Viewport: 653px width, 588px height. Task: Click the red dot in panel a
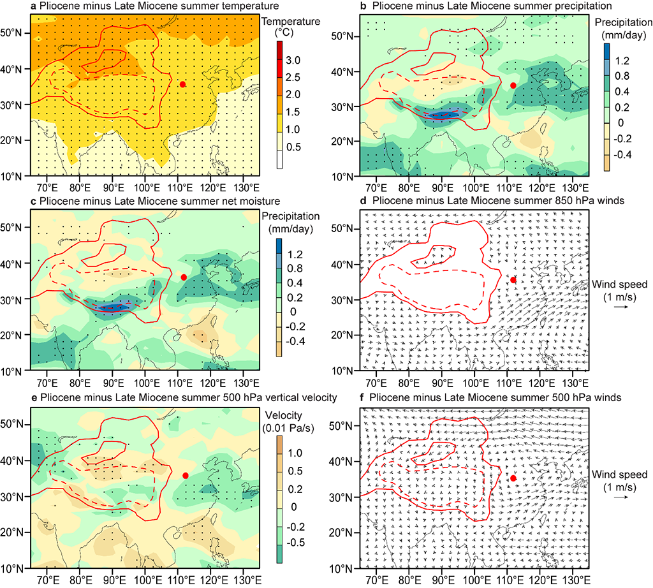tap(183, 84)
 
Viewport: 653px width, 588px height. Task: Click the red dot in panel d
tap(513, 279)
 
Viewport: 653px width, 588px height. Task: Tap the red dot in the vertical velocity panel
tap(186, 475)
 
